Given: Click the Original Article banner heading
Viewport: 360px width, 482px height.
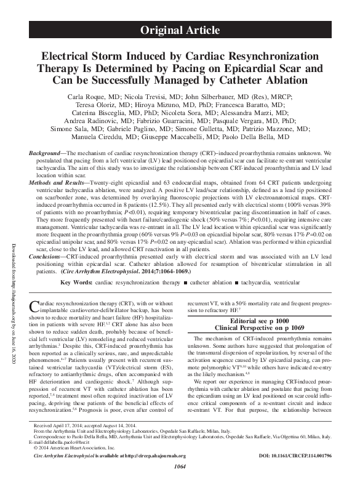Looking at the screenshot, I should (x=180, y=30).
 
